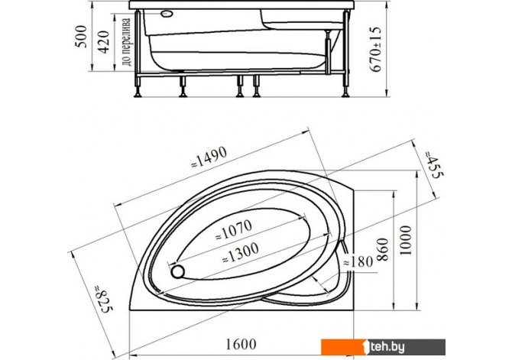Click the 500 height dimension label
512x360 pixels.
tap(82, 37)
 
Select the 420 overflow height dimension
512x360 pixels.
tap(104, 42)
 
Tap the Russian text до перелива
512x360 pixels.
tap(126, 42)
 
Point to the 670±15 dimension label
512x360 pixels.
tap(375, 49)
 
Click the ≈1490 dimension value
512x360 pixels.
tap(209, 157)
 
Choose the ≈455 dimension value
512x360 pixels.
tap(434, 164)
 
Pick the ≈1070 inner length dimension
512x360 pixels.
tap(234, 229)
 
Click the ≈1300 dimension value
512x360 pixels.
tap(241, 253)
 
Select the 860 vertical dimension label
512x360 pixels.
tap(383, 249)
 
